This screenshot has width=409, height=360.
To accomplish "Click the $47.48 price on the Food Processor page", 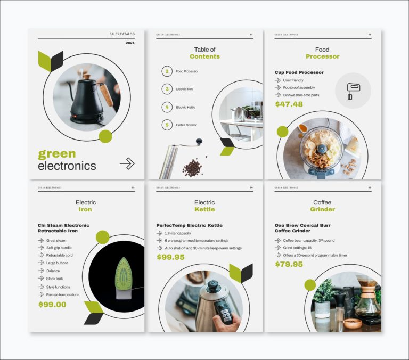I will click(x=289, y=104).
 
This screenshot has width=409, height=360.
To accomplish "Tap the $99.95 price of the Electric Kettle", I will click(x=170, y=257).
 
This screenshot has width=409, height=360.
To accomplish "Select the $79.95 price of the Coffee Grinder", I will click(x=289, y=264).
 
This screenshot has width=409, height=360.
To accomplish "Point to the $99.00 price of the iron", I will click(x=52, y=305).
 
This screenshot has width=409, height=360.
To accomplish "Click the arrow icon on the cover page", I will click(x=127, y=163).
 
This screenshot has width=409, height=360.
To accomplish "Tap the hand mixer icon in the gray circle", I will click(x=353, y=91).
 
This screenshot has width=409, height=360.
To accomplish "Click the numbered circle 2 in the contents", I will click(x=167, y=71).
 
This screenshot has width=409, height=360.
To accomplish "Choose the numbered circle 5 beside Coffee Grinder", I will click(x=167, y=125).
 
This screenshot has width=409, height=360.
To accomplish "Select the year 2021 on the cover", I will click(x=130, y=43).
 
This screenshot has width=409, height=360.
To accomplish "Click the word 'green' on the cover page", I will click(x=57, y=154).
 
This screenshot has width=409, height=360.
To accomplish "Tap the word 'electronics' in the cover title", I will click(x=67, y=166).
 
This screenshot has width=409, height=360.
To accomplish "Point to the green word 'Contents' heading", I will click(x=204, y=56).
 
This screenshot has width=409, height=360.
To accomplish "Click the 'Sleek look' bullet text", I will click(x=54, y=279).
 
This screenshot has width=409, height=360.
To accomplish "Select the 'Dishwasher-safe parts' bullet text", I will click(x=301, y=95).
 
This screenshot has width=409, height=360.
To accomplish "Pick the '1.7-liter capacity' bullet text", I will click(x=178, y=233).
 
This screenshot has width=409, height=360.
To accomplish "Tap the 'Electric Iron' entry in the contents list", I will click(x=184, y=89).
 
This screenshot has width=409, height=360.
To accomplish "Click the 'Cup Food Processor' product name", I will click(x=299, y=72).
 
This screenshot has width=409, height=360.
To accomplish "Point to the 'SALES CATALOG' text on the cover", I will click(x=122, y=34).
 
